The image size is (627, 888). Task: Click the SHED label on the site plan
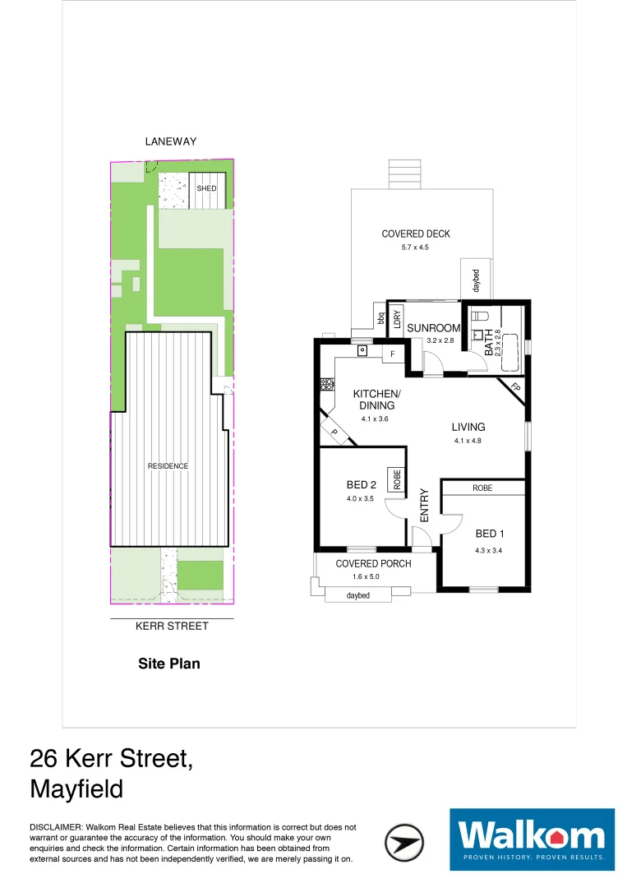pos(206,188)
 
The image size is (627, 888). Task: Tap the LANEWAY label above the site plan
pos(171,141)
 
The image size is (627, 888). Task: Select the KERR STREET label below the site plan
pos(172,626)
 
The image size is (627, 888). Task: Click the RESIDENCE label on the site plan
pos(168,466)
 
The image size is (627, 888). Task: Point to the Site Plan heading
pos(168,664)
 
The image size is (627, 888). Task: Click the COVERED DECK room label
pos(416,234)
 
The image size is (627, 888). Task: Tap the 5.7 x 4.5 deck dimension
pos(416,247)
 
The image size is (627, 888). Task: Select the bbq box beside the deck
pos(380,316)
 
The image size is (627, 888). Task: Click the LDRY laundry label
pos(396,319)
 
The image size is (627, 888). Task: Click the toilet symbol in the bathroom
pos(481,316)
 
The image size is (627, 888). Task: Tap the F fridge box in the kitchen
pos(393,354)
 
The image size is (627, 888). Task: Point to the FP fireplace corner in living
pos(514,388)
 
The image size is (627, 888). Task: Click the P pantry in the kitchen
pos(334,431)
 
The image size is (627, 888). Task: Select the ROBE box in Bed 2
pos(398,479)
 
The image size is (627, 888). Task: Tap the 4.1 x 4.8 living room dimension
pos(468,441)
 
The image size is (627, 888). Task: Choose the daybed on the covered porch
pos(357,595)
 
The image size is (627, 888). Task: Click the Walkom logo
pos(532,839)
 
